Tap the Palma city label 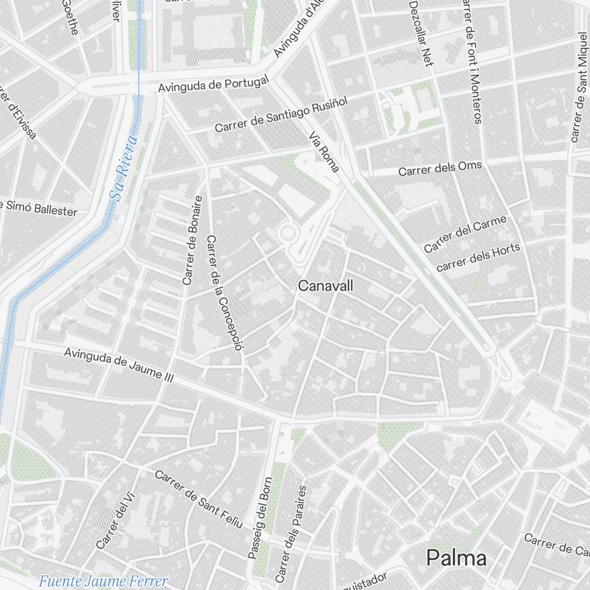[457, 558]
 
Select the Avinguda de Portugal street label [214, 85]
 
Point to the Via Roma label [324, 152]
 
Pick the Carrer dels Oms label [440, 169]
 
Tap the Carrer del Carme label [465, 234]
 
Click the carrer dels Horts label [478, 257]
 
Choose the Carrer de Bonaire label [193, 241]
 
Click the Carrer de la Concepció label [225, 293]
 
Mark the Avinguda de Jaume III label [118, 366]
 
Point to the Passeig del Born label [260, 517]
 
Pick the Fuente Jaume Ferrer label [103, 581]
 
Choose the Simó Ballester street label [39, 208]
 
